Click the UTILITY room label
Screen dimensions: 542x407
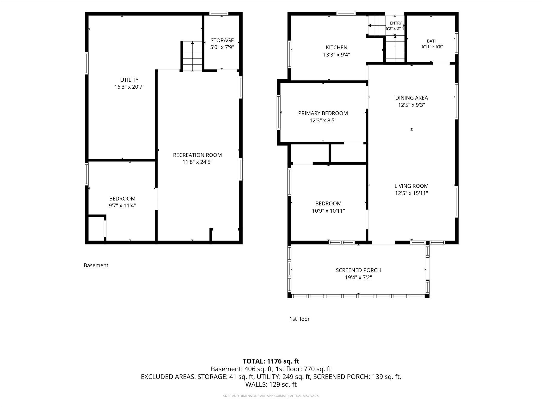click(x=129, y=80)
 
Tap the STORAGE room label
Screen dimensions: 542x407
click(x=222, y=40)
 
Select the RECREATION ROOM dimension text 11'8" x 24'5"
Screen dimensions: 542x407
click(x=197, y=162)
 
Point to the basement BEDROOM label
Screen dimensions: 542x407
click(x=122, y=198)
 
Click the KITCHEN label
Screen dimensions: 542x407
click(x=337, y=48)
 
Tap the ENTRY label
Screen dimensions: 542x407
click(x=396, y=23)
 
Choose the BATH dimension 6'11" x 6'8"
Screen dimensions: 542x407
click(x=432, y=47)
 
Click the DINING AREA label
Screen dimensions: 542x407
click(x=411, y=98)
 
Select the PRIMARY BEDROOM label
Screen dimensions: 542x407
click(x=323, y=113)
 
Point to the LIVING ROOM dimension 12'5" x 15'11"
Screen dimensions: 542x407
click(x=411, y=193)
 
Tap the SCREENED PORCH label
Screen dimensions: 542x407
click(x=358, y=270)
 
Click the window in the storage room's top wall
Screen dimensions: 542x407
click(x=219, y=14)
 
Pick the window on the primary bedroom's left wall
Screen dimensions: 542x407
click(x=279, y=112)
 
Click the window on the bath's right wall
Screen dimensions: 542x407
click(x=457, y=43)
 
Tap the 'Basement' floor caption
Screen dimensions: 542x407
click(x=96, y=265)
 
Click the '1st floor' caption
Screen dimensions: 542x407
click(x=299, y=319)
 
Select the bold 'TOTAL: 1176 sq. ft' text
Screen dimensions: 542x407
click(x=271, y=361)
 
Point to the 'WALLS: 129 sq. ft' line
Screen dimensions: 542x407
click(x=271, y=384)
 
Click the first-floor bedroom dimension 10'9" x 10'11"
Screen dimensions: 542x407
click(x=328, y=211)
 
